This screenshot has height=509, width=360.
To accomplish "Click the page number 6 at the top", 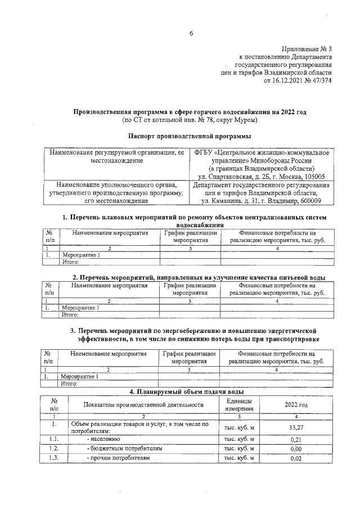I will pyautogui.click(x=191, y=34).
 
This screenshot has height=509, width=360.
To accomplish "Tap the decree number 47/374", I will pyautogui.click(x=319, y=80).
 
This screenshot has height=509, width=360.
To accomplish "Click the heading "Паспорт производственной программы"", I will pyautogui.click(x=190, y=136).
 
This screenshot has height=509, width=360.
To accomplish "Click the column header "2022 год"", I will pyautogui.click(x=296, y=404).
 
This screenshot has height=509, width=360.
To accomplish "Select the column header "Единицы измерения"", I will pyautogui.click(x=239, y=404).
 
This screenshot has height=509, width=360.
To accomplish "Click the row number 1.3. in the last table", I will pyautogui.click(x=54, y=458).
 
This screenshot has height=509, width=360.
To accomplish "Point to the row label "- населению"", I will pyautogui.click(x=103, y=439).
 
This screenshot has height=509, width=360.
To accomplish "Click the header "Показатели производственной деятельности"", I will pyautogui.click(x=143, y=404).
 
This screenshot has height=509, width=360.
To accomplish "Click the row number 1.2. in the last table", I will pyautogui.click(x=54, y=449).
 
